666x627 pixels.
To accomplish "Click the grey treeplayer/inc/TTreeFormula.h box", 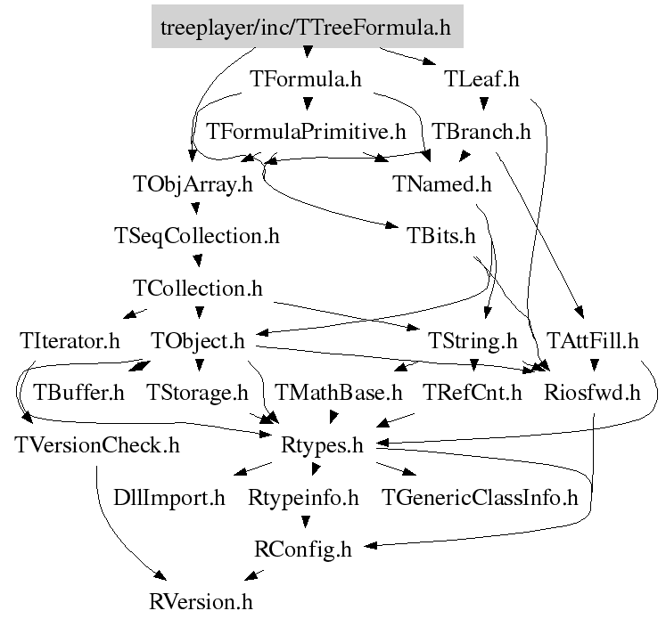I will [x=306, y=28].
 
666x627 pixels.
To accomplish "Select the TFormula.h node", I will [x=306, y=79].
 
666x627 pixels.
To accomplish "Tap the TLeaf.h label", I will [x=481, y=79].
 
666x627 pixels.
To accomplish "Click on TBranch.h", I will [x=481, y=132].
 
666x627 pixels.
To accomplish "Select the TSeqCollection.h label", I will [x=197, y=237].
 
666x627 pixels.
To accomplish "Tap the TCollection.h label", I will [x=197, y=289].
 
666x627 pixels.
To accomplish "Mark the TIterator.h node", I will [x=69, y=340].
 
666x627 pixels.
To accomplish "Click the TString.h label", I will [x=473, y=340].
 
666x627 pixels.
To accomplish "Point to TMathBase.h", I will [x=339, y=392].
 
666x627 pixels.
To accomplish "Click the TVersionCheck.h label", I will [x=96, y=444].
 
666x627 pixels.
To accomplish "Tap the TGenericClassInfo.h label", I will [x=480, y=497].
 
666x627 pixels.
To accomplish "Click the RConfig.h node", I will [x=303, y=549].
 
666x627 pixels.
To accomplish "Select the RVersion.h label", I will [x=201, y=601].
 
